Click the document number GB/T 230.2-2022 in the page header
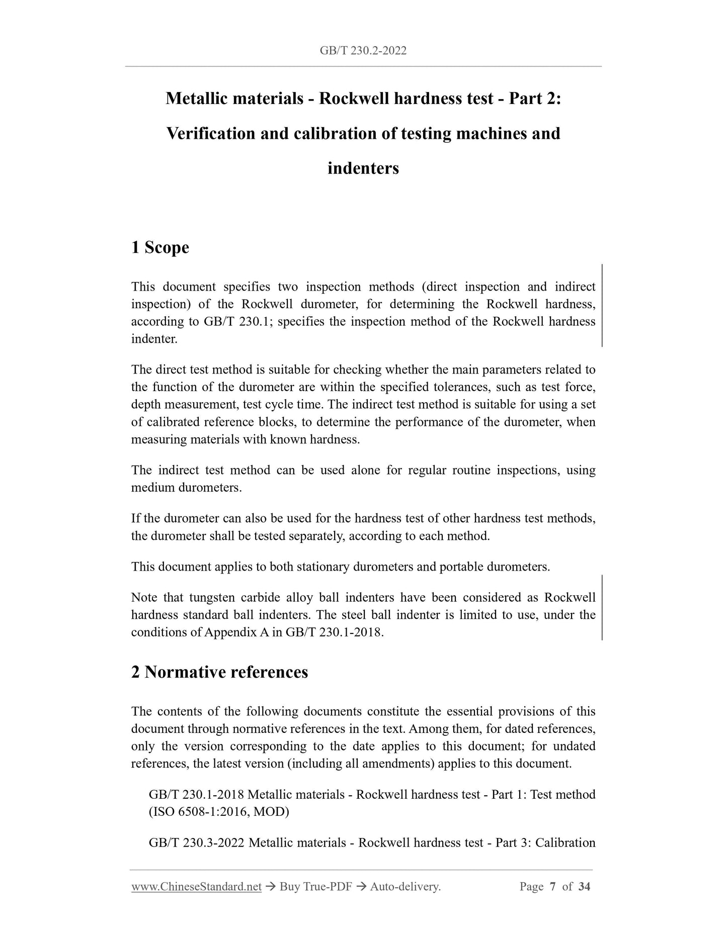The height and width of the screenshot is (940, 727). tap(363, 51)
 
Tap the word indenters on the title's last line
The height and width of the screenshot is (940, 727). tap(363, 168)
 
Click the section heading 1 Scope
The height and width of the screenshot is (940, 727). tap(160, 247)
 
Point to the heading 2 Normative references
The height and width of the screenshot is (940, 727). tap(219, 672)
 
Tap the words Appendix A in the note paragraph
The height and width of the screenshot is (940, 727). tap(236, 632)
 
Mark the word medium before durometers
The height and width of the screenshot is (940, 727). tap(153, 488)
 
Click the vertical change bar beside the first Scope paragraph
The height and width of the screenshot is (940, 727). tap(602, 305)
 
